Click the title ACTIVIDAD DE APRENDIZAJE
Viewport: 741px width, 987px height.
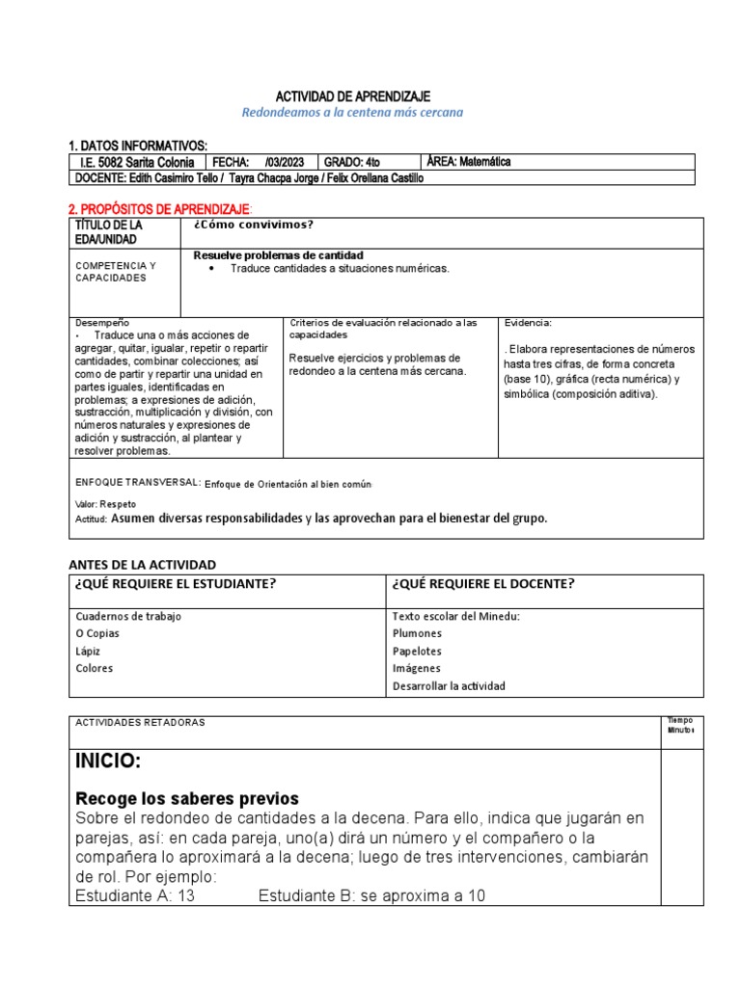[352, 96]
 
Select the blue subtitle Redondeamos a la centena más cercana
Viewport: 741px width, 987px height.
[352, 113]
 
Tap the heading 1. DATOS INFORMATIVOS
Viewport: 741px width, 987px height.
[138, 144]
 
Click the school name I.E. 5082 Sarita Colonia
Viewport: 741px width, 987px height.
[138, 162]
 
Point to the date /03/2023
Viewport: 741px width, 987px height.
[284, 162]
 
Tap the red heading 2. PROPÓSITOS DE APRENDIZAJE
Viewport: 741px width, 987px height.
[159, 209]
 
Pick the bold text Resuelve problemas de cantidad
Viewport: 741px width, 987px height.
[278, 254]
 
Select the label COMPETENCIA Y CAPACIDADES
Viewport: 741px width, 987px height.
[116, 271]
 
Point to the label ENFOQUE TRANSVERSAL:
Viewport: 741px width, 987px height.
[137, 482]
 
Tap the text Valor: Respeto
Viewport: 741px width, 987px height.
[105, 504]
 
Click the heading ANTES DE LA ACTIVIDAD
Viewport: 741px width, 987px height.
[142, 564]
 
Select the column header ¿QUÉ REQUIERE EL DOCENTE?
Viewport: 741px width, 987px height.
[483, 583]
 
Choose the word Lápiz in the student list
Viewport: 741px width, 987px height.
[87, 651]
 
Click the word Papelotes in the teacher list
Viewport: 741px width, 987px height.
[417, 651]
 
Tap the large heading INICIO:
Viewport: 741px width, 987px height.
[108, 762]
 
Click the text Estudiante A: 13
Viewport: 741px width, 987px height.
[135, 895]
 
